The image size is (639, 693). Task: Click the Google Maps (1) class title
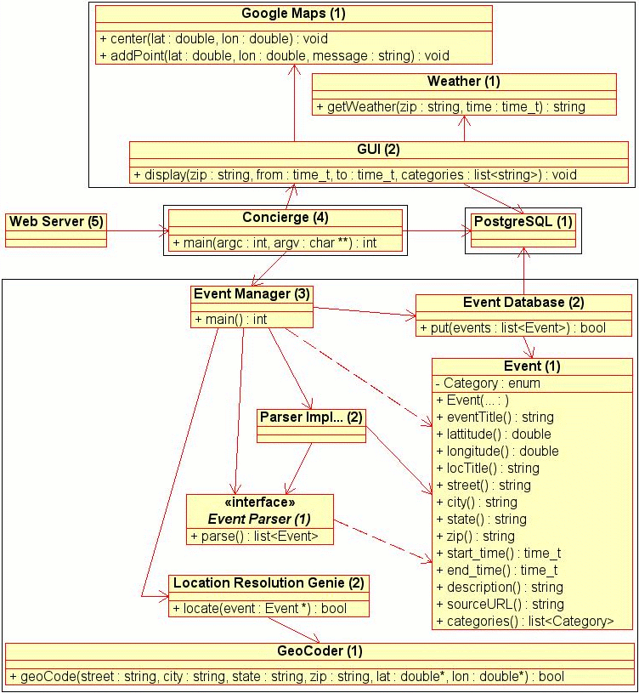coord(293,14)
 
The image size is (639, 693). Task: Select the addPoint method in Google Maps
coord(274,55)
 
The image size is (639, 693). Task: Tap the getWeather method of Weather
coord(450,106)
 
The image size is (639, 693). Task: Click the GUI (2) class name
coord(378,150)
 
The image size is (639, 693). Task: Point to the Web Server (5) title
coord(56,222)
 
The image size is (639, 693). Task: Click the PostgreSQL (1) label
coord(523,222)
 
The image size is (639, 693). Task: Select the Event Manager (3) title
coord(252,294)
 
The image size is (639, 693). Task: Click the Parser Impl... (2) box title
coord(311,418)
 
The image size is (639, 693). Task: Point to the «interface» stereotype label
coord(259,503)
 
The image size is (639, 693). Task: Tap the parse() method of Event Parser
coord(255,536)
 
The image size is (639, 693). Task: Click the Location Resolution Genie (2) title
coord(269,583)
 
